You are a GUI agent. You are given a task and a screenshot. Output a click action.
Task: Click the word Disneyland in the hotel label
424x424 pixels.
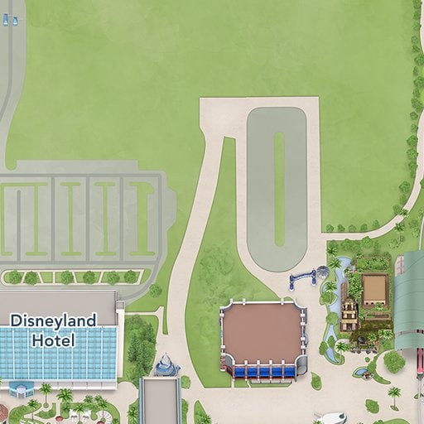click(x=53, y=320)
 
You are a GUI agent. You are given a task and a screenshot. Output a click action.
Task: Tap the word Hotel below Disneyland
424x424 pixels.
click(x=53, y=340)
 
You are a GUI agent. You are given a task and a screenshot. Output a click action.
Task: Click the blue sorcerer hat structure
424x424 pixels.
click(x=166, y=364)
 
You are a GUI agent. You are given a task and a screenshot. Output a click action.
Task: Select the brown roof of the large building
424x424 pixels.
click(x=263, y=330)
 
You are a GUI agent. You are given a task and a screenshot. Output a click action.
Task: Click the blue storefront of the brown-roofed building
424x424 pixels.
click(x=263, y=372)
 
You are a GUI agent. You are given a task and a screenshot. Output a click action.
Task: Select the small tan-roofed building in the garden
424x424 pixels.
click(x=374, y=289)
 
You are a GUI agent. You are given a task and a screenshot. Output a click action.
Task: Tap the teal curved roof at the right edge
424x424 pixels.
click(x=409, y=298)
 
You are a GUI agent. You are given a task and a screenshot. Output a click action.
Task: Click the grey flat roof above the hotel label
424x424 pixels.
click(x=58, y=299)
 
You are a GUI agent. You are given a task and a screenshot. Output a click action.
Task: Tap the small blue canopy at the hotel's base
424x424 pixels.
click(x=22, y=387)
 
